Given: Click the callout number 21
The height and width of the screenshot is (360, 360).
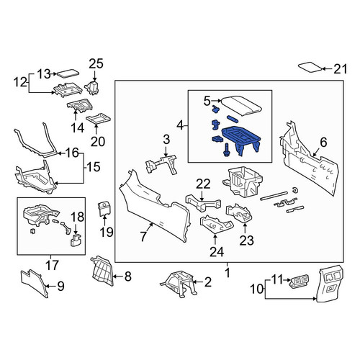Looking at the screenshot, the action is coord(341,69).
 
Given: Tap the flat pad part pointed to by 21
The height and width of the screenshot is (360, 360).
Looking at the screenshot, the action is coord(310,67).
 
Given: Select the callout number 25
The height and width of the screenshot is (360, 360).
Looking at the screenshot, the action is coord(96,64).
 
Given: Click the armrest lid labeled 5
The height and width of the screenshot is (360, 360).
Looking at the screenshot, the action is coord(241,105).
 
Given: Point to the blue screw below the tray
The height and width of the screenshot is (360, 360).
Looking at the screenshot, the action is coord(226,150).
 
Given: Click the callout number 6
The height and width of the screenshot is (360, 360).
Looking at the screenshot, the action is coord(323,143).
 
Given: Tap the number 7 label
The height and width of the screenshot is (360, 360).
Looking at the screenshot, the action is coord(143,236).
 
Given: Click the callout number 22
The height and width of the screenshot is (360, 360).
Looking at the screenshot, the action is coord(203,184).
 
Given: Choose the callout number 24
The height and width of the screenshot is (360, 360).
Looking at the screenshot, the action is coord(217,252).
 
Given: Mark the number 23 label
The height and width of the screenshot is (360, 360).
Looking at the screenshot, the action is coord(246,240).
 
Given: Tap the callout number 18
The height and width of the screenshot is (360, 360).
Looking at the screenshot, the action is coord(78,217).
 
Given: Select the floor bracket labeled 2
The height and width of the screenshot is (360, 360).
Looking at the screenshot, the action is coord(179,284).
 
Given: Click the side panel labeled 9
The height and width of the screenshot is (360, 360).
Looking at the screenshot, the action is coord(34,282).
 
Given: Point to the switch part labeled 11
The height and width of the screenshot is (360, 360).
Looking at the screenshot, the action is coord(298,280).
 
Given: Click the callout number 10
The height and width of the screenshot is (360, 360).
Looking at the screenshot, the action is coord(257,289).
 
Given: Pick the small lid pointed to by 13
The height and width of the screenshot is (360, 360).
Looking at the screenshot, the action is coord(67,73).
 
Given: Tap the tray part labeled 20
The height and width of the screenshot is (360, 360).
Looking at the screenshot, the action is coord(99,118).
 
